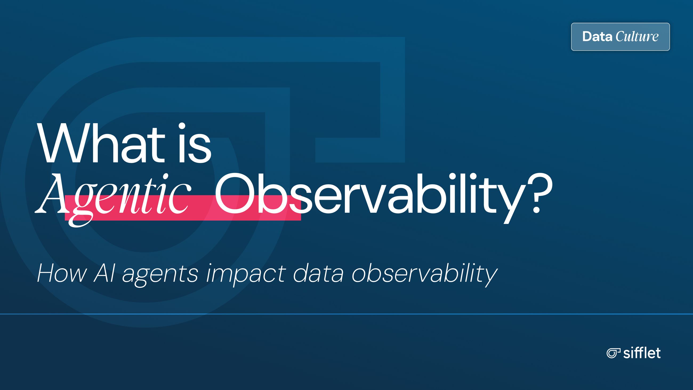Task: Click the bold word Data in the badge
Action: tap(597, 37)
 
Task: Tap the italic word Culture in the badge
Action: tap(637, 37)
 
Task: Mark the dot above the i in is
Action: tap(182, 126)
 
